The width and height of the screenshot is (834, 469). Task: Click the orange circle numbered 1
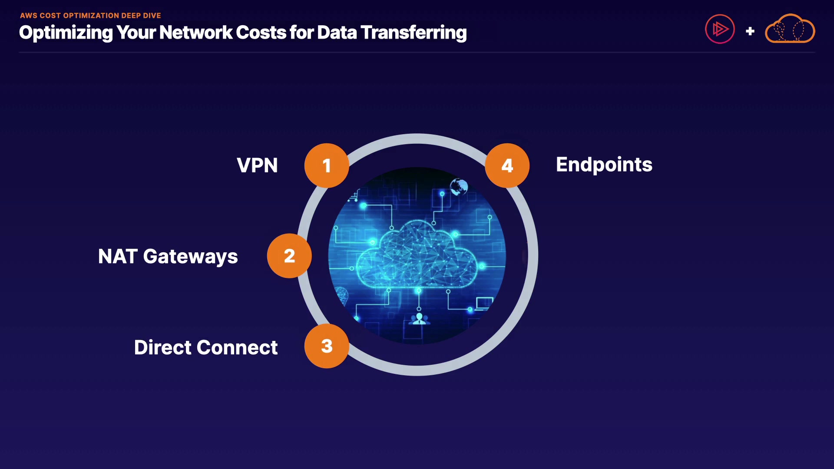click(x=327, y=165)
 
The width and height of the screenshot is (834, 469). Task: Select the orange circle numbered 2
click(x=289, y=256)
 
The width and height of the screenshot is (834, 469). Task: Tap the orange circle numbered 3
click(x=327, y=346)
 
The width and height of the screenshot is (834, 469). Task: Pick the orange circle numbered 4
click(x=507, y=165)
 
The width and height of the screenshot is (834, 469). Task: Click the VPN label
click(x=257, y=165)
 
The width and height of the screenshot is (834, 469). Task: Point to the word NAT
click(x=118, y=256)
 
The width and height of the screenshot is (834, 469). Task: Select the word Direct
click(x=163, y=347)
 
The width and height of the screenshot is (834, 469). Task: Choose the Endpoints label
click(x=604, y=165)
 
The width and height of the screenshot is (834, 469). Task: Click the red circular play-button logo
click(x=720, y=29)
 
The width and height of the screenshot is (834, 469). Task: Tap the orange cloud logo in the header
click(x=790, y=29)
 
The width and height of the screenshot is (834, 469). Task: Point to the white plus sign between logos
click(x=750, y=31)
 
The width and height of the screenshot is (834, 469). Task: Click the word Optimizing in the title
click(x=66, y=33)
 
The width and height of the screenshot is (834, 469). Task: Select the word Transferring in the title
click(x=414, y=33)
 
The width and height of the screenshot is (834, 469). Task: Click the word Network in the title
click(x=196, y=33)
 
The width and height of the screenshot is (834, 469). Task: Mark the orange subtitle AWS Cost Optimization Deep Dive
click(x=90, y=16)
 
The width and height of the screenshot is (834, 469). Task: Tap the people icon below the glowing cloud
click(x=419, y=319)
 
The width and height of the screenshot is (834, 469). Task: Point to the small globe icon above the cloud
click(x=459, y=187)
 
